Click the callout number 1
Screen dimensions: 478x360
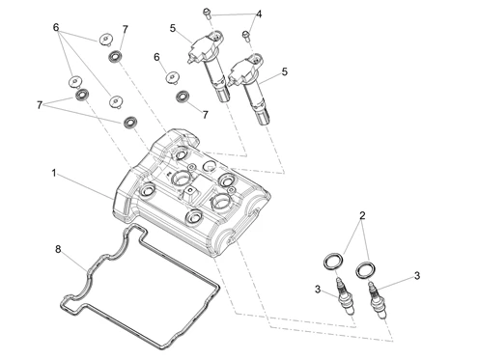[x=54, y=173]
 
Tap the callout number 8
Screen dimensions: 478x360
[x=58, y=249]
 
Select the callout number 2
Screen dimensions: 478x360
[x=362, y=215]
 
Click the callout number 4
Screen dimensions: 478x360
[x=259, y=14]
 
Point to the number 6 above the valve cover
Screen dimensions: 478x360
[x=156, y=57]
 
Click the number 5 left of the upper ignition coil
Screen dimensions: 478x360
[x=173, y=28]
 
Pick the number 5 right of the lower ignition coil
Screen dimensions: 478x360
[x=285, y=71]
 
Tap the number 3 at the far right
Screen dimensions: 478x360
[x=417, y=276]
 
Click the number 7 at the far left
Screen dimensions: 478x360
[x=40, y=105]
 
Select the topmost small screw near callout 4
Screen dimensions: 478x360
[x=207, y=13]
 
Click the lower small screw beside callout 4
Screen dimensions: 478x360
[x=246, y=35]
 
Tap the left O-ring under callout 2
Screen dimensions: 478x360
[x=333, y=261]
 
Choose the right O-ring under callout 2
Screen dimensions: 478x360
[x=365, y=269]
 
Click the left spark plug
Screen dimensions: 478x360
[x=345, y=296]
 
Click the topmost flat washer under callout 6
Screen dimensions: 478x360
[x=105, y=40]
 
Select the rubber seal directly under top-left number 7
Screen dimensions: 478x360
[x=115, y=57]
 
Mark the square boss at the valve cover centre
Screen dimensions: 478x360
[x=191, y=194]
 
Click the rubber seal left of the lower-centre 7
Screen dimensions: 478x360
[x=183, y=97]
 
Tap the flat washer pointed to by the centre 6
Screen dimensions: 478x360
[x=173, y=77]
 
